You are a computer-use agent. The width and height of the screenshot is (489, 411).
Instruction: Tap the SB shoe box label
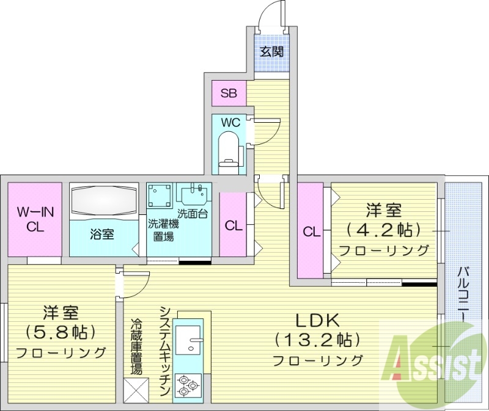(x=229, y=93)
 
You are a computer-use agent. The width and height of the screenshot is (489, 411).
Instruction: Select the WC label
(x=230, y=122)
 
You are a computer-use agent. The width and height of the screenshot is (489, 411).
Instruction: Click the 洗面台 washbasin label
(x=191, y=214)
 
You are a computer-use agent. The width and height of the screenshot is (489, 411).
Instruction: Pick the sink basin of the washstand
(x=194, y=195)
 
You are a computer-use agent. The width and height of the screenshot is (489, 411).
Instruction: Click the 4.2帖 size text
(x=383, y=230)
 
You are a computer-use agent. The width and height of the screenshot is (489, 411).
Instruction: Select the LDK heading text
(x=317, y=320)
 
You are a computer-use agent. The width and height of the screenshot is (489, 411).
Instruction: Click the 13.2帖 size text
(x=317, y=339)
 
